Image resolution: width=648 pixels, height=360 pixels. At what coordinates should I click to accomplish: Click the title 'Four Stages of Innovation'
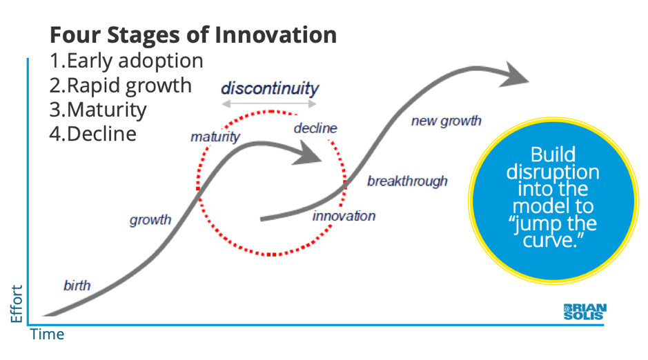(x=193, y=35)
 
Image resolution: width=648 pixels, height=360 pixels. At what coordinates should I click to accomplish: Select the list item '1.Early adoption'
(x=126, y=61)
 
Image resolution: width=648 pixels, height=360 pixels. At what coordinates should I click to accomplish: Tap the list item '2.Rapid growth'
(x=120, y=85)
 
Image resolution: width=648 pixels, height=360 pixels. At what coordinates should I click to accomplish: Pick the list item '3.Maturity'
(x=97, y=109)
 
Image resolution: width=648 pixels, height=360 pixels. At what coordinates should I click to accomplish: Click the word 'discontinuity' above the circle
(x=270, y=89)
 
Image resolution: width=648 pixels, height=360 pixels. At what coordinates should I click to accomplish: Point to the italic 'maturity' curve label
(x=215, y=137)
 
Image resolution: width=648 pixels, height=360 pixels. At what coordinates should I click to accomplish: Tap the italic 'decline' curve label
(x=315, y=128)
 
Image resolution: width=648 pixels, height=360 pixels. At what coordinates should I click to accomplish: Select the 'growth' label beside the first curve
(x=150, y=221)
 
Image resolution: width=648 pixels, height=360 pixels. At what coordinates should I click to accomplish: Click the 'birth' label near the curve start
(x=77, y=286)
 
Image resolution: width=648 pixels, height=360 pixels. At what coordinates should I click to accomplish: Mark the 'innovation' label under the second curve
(x=344, y=216)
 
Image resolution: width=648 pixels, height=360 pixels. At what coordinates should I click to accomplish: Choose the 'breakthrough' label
(x=407, y=181)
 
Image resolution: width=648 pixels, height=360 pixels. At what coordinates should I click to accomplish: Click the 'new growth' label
(x=446, y=121)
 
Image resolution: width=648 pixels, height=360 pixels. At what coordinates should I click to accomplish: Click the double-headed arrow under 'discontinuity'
(x=269, y=104)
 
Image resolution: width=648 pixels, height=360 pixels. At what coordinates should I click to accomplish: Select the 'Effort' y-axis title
(x=17, y=303)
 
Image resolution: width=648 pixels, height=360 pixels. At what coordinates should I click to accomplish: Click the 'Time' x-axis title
(x=47, y=335)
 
